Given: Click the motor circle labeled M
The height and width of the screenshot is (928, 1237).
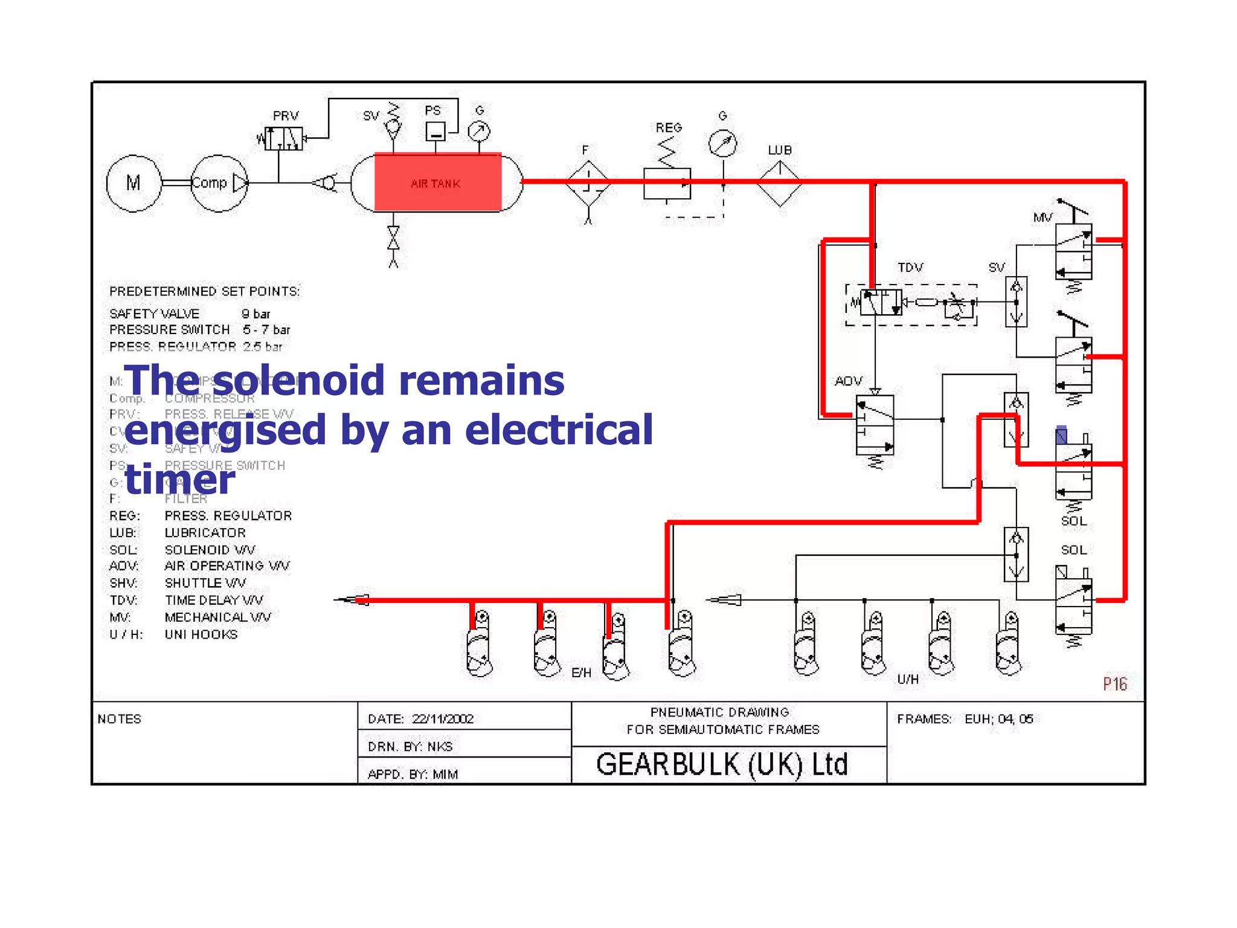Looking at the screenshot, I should (x=133, y=183).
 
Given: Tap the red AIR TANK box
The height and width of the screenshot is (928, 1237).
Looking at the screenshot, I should (x=437, y=182).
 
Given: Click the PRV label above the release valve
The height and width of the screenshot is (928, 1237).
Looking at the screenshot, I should (x=286, y=116).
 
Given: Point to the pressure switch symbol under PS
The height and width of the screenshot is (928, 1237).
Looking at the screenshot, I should (x=435, y=131).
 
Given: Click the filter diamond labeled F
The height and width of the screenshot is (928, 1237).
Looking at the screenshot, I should (x=588, y=183).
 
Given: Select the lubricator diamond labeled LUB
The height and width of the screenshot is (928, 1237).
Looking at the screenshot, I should (x=779, y=183).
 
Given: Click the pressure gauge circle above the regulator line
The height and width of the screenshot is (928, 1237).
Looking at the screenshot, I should (x=722, y=144).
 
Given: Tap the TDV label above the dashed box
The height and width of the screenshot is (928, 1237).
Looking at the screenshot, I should (x=910, y=268).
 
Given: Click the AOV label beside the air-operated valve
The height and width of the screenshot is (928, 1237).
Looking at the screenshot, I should (x=849, y=381).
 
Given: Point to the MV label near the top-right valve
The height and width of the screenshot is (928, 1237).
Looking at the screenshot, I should (x=1043, y=217).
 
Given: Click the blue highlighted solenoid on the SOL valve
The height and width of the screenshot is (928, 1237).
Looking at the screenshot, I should (x=1061, y=436).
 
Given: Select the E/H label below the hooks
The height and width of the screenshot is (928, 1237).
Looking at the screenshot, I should (x=581, y=673).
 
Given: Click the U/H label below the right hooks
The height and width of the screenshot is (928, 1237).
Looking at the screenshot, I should (x=908, y=679).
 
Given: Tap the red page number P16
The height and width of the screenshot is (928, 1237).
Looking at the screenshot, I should (x=1115, y=684).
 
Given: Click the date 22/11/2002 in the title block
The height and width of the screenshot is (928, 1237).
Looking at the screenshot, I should (x=442, y=719).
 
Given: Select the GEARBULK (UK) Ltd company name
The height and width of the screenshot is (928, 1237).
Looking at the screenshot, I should (x=722, y=764).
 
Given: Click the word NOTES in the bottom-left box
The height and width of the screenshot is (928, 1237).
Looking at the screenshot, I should (x=120, y=719).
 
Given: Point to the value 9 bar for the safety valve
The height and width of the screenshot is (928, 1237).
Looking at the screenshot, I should (x=256, y=314).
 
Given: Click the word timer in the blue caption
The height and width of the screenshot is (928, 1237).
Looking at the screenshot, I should (x=180, y=480).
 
